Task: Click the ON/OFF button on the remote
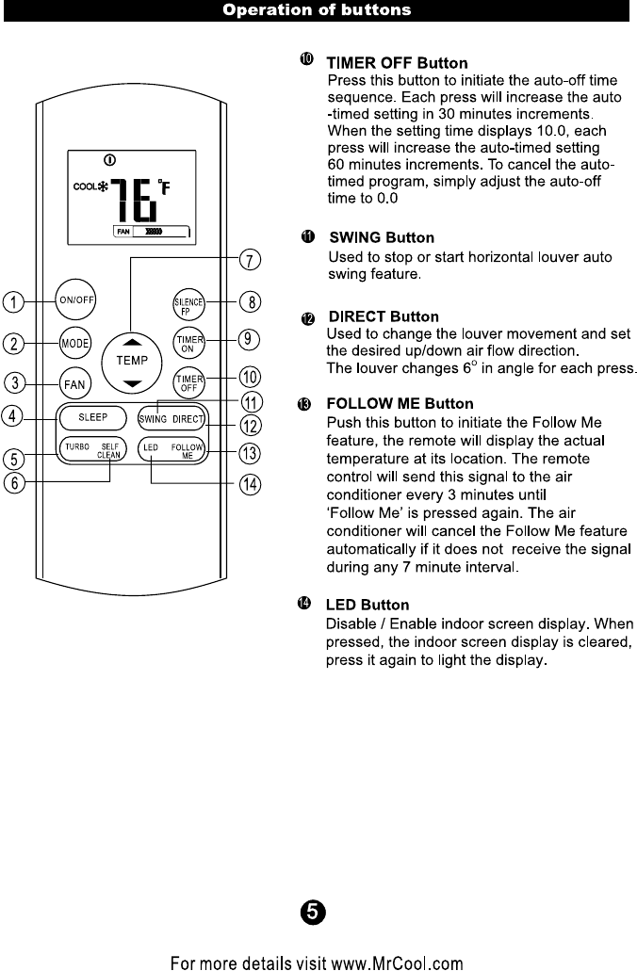pos(76,300)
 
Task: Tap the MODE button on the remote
pos(74,343)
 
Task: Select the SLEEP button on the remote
pos(92,416)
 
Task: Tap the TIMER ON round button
pos(188,341)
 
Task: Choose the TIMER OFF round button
pos(188,380)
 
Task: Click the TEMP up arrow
pos(132,342)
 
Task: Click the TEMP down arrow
pos(132,382)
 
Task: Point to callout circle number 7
pos(250,259)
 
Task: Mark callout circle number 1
pos(14,302)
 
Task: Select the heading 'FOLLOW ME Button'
pos(400,404)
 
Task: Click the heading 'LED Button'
pos(367,604)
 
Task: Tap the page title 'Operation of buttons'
pos(317,11)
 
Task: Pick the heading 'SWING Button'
pos(381,237)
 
